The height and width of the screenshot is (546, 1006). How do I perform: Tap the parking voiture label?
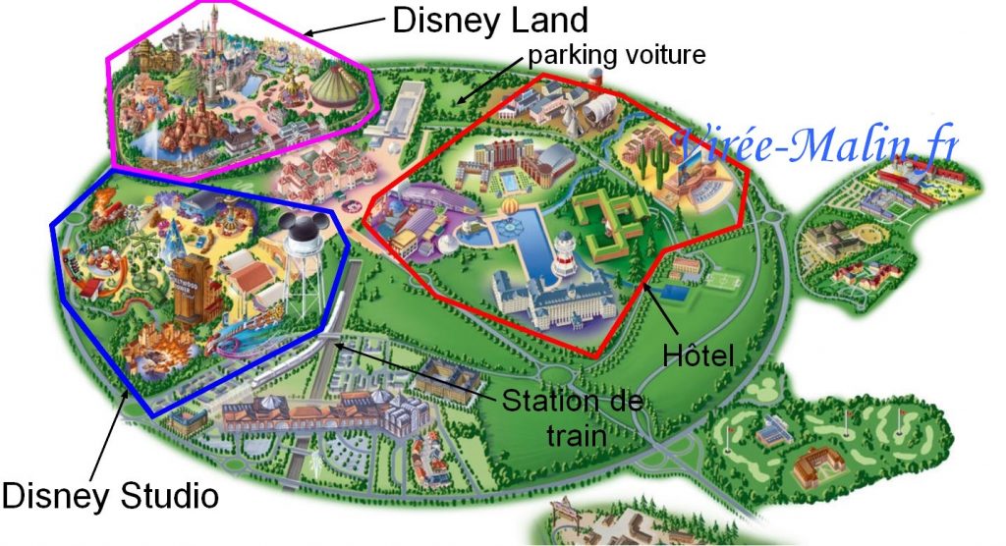click(x=617, y=55)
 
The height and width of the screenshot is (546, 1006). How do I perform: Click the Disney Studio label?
click(x=109, y=494)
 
